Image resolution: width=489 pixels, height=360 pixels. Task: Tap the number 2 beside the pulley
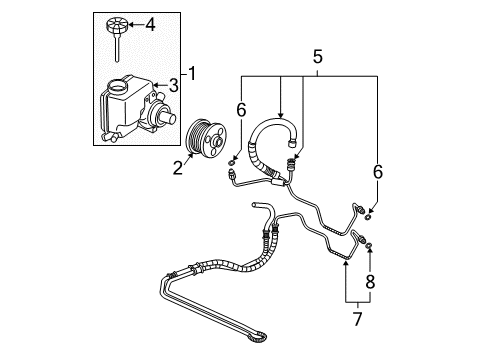pos(177,169)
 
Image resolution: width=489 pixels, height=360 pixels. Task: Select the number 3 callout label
pos(173,87)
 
